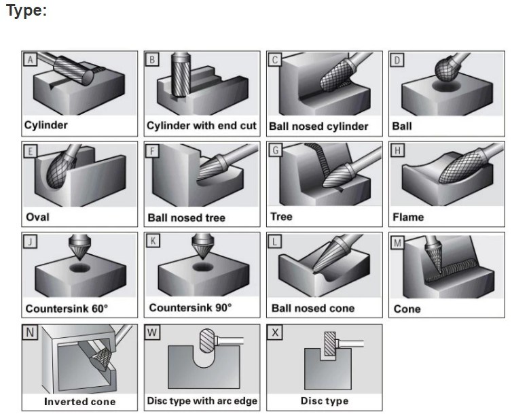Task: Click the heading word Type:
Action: pos(26,11)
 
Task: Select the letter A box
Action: pos(30,60)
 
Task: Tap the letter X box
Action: pos(275,332)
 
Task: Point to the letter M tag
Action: pos(397,243)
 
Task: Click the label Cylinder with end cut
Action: pos(202,126)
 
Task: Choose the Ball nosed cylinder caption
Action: pos(318,126)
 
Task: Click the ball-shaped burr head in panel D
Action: pos(446,69)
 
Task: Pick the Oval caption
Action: pos(37,217)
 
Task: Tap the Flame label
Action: pos(408,217)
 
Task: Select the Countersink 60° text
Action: pos(67,309)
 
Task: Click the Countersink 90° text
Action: pos(190,308)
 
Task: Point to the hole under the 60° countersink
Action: pos(79,268)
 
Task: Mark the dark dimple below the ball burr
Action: pos(446,86)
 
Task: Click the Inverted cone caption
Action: pos(79,402)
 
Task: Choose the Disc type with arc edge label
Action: pos(202,401)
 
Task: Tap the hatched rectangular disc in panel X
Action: pos(330,344)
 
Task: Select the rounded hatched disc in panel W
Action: pos(206,341)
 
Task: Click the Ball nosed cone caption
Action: pos(313,309)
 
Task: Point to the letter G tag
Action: pos(275,150)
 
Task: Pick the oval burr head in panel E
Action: pos(59,170)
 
